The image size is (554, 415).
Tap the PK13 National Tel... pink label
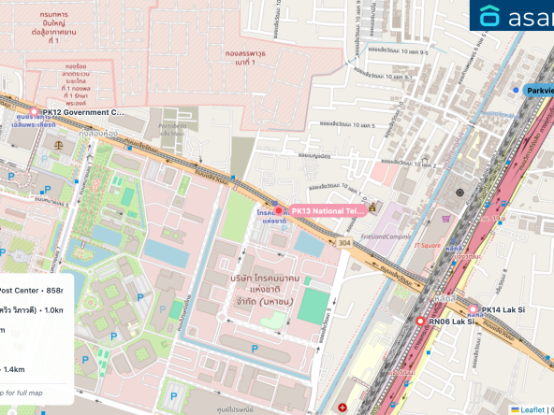coord(326,211)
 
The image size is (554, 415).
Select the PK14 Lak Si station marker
coord(473,309)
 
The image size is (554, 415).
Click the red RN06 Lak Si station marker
coord(420,322)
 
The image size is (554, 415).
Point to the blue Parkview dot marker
coord(516,90)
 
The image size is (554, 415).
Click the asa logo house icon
coord(490,16)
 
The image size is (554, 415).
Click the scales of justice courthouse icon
coord(61,146)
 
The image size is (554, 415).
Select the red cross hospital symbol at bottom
coord(342,408)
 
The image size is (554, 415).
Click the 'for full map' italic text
coord(24,392)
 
